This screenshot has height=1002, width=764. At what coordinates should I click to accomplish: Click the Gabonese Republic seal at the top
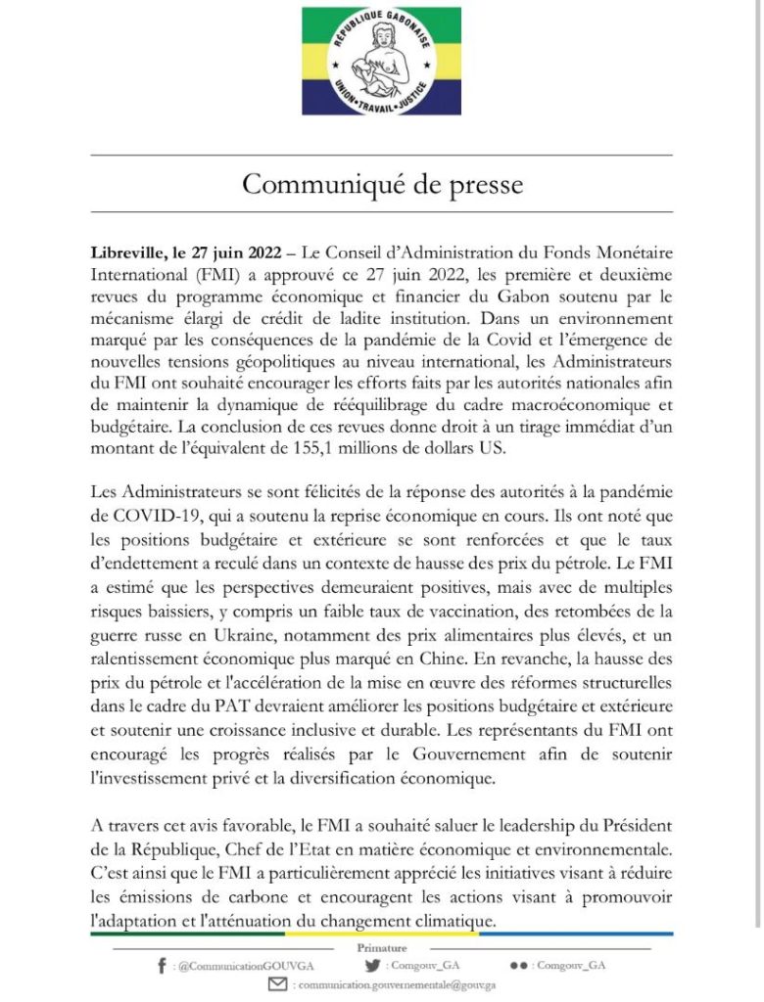[x=380, y=61]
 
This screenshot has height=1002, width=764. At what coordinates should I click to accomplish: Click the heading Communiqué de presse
[x=382, y=184]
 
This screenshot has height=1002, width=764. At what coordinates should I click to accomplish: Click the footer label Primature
[x=381, y=948]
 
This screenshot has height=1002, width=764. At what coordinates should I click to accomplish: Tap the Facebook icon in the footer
[x=161, y=965]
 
